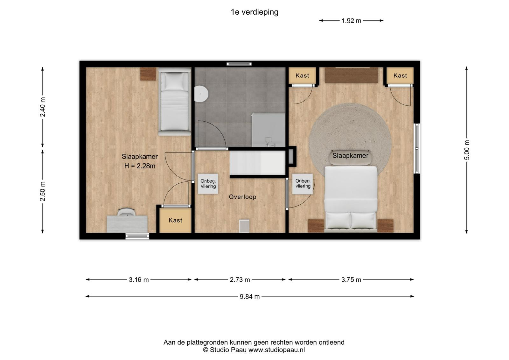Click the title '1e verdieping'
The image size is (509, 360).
pos(254,12)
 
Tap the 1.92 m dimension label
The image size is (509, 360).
pos(351,21)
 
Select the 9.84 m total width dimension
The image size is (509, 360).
pos(250,297)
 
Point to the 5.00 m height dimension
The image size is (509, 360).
pos(466,150)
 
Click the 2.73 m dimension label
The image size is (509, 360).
pos(240,279)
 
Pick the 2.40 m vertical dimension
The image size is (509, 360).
pos(43,107)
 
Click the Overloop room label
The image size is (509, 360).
pos(242,197)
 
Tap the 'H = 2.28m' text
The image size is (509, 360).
pos(140,166)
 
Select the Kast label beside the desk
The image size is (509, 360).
pos(175,220)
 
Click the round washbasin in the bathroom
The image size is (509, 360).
pos(201,94)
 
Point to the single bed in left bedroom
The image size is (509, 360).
pos(175,102)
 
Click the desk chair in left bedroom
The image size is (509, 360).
pos(126,212)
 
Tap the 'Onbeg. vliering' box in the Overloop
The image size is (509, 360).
pos(208,184)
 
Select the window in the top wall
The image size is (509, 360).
pos(239,64)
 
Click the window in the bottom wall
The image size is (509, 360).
pos(137,236)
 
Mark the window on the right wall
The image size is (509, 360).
pos(417,149)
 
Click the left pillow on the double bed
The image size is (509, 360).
pos(338,220)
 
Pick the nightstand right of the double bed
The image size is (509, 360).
pos(385,226)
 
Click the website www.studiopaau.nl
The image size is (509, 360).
pos(276,350)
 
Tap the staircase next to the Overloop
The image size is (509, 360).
pos(257,163)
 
